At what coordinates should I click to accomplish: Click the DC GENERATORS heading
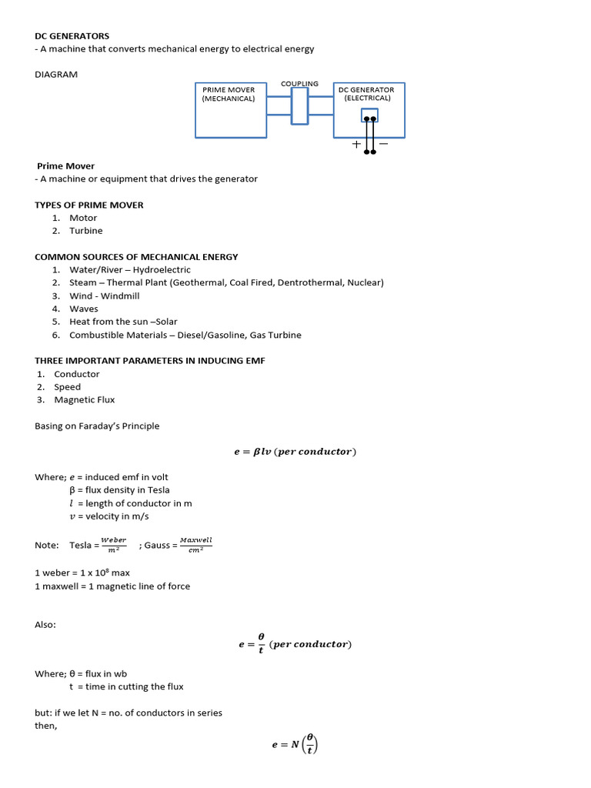click(72, 36)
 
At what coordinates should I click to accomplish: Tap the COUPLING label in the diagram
click(299, 84)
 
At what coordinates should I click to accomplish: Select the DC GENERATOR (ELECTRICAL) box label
click(367, 94)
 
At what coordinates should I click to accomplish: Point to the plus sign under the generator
click(356, 144)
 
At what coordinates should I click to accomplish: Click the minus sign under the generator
click(383, 144)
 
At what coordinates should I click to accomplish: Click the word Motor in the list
click(83, 218)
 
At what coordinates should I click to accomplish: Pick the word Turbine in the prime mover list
click(85, 231)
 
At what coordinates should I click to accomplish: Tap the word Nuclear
click(364, 282)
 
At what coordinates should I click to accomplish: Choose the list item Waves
click(84, 309)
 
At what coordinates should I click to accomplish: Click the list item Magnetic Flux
click(85, 400)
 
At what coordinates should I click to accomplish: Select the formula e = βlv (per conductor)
click(295, 452)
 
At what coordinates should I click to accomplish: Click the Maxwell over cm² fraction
click(195, 544)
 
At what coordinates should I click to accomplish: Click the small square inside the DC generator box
click(369, 115)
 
